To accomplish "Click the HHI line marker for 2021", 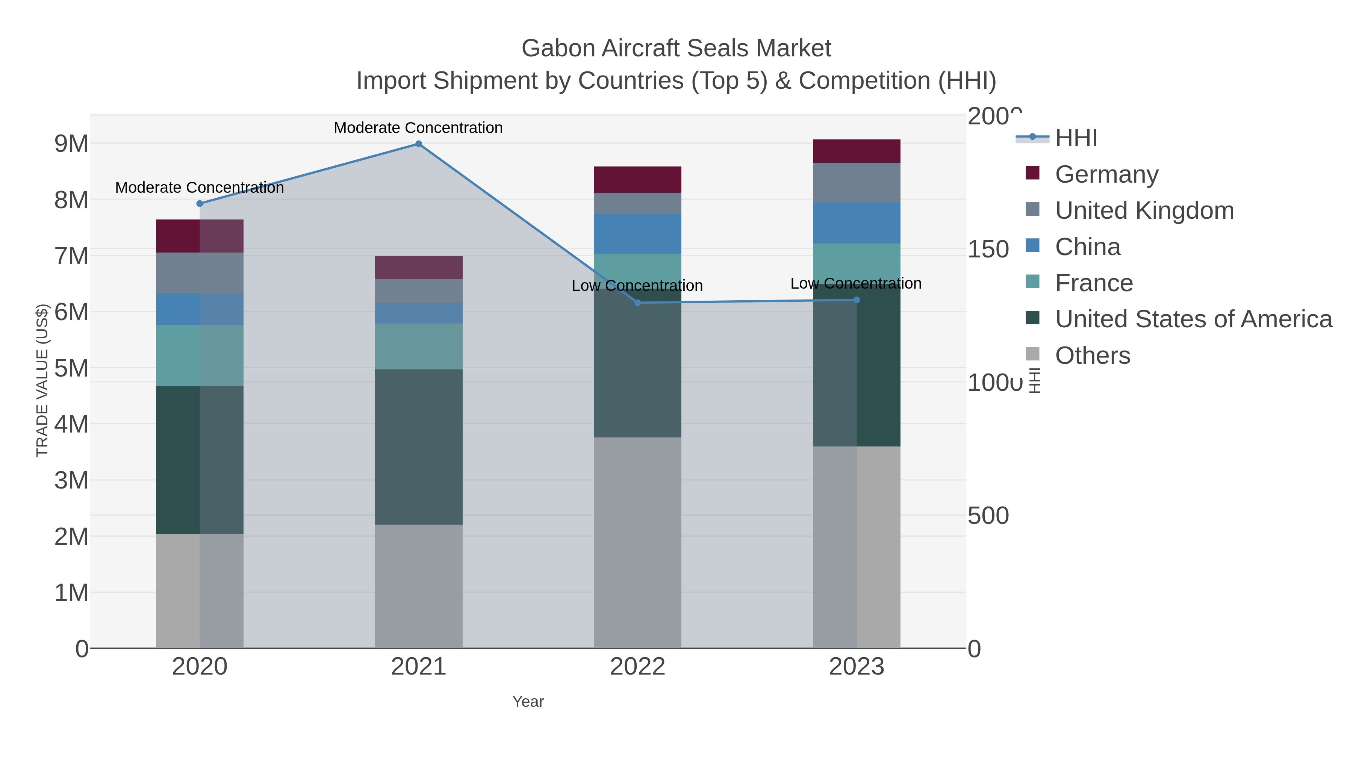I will (419, 144).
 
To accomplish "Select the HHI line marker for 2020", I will (200, 204).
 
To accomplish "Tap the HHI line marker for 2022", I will (638, 303).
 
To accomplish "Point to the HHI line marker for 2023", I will (857, 300).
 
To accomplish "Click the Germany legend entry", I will (1106, 174).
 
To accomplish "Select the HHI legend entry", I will (1076, 138).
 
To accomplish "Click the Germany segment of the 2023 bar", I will (857, 151).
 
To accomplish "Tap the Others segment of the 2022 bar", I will (638, 543).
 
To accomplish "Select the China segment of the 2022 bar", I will (638, 234).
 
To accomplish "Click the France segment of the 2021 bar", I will (419, 346).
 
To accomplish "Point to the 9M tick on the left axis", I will (71, 144).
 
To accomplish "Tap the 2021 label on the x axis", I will (419, 667).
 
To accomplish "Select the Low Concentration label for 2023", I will (856, 284).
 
